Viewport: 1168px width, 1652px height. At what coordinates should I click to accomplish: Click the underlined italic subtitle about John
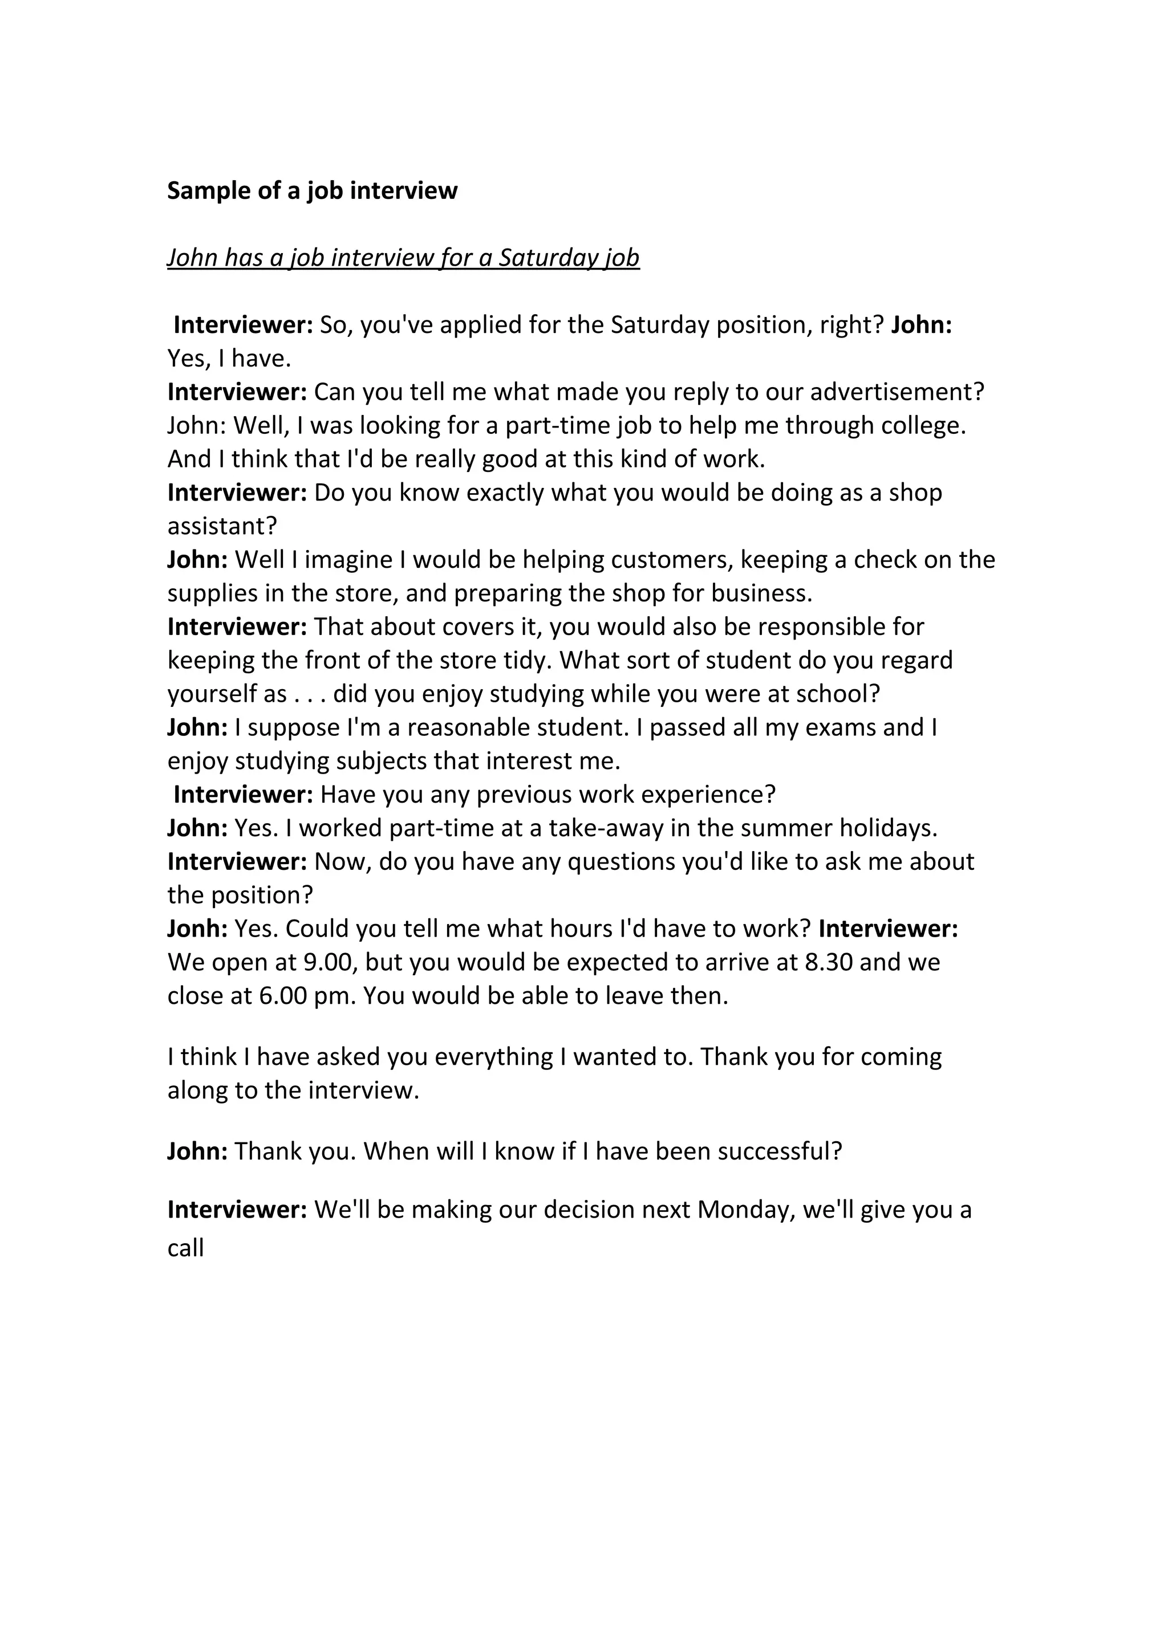(x=403, y=258)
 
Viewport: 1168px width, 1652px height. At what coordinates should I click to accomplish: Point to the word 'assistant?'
(x=222, y=526)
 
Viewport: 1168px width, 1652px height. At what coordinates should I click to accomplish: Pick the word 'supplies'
(x=202, y=593)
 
